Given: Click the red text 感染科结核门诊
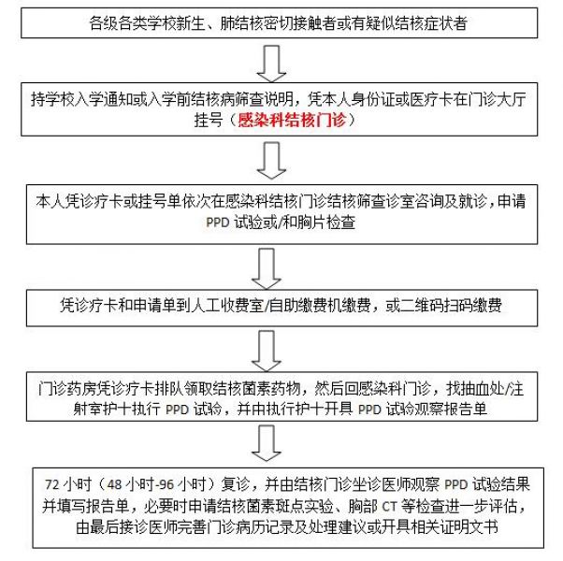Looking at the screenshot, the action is [x=292, y=120].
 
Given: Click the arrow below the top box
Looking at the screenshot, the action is [x=271, y=64].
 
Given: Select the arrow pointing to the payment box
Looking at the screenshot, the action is [x=266, y=269].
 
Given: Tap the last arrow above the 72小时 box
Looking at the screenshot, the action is [x=266, y=443].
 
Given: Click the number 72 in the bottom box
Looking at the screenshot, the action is [x=52, y=484].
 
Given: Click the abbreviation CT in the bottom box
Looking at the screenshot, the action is [x=389, y=507].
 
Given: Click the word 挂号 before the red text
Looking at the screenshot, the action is [x=209, y=120].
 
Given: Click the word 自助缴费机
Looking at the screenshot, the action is [x=305, y=306].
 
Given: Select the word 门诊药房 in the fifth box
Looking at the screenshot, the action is [x=66, y=388].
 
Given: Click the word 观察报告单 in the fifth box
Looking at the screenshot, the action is [x=451, y=409].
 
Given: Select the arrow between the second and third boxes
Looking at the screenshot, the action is [x=271, y=160].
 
